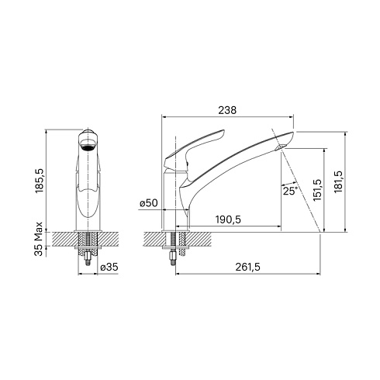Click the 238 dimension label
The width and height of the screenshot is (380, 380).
pos(227,110)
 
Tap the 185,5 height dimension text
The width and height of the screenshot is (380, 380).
pos(40,181)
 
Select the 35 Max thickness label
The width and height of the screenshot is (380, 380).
pos(39,239)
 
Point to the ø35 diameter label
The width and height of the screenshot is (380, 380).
pos(109,267)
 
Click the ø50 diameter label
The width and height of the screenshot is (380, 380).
pos(149,203)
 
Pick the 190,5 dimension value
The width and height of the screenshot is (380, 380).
pos(228,219)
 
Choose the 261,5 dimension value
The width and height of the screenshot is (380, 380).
pos(247,267)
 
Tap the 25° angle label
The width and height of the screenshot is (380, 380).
pos(290,191)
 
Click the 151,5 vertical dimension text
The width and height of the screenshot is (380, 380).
pos(316,190)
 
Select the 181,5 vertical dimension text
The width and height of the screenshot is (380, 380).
pos(338,181)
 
